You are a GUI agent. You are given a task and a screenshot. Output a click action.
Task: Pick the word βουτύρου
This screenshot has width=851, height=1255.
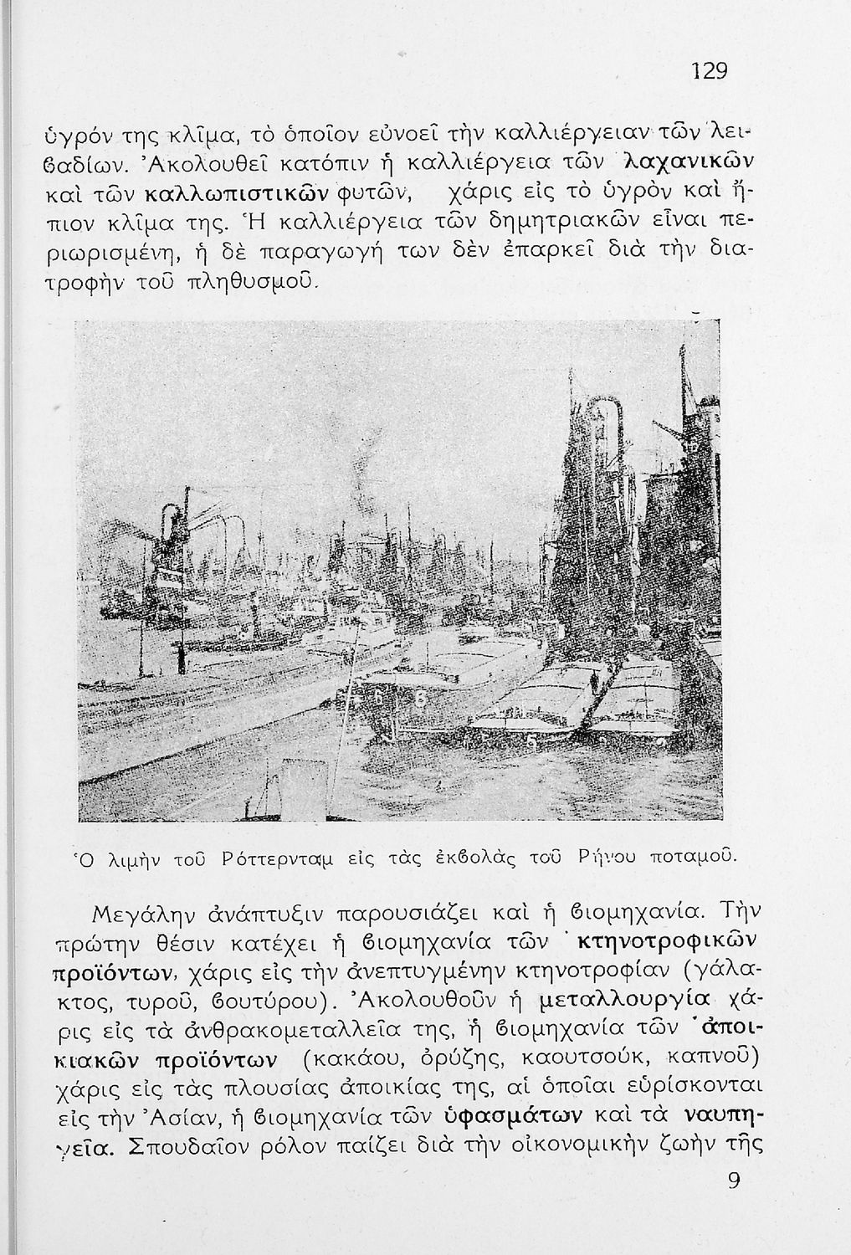tap(273, 1000)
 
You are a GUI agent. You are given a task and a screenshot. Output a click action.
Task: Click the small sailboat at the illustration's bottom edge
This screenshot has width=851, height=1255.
tap(270, 794)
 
